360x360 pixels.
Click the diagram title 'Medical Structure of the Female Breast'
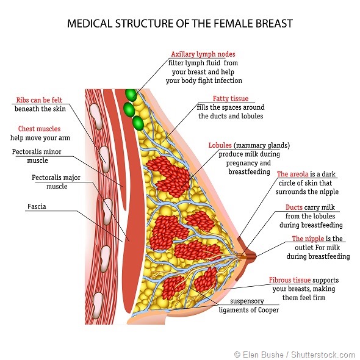[179, 24]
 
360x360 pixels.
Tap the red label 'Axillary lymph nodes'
[203, 54]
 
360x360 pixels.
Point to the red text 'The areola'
[295, 174]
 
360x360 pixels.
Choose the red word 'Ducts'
[294, 207]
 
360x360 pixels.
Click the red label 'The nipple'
[309, 239]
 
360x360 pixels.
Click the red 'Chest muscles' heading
[35, 129]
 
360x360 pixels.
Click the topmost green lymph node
[130, 95]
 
